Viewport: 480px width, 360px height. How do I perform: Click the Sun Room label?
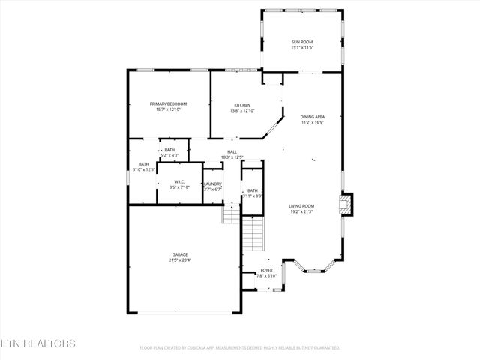click(x=302, y=42)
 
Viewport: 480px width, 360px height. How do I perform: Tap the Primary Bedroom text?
click(x=168, y=103)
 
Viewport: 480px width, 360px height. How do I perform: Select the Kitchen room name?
click(x=242, y=105)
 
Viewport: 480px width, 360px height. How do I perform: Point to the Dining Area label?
click(x=313, y=117)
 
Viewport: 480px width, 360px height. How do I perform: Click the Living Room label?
click(x=302, y=205)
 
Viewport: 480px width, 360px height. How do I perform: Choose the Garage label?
click(x=179, y=254)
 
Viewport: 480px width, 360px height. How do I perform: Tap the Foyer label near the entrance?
click(x=267, y=270)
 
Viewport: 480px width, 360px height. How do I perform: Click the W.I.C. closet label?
click(x=179, y=181)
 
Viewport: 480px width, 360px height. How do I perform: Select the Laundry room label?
click(x=213, y=184)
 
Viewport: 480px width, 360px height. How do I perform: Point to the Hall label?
click(x=232, y=152)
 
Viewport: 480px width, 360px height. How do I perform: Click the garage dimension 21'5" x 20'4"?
click(x=179, y=260)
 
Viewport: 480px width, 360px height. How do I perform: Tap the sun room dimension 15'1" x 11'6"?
click(x=302, y=48)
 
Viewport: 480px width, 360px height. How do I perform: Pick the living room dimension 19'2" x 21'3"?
click(x=302, y=211)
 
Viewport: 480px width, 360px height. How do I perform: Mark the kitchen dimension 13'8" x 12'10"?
click(x=242, y=111)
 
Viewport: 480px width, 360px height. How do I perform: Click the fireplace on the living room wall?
click(x=346, y=205)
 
